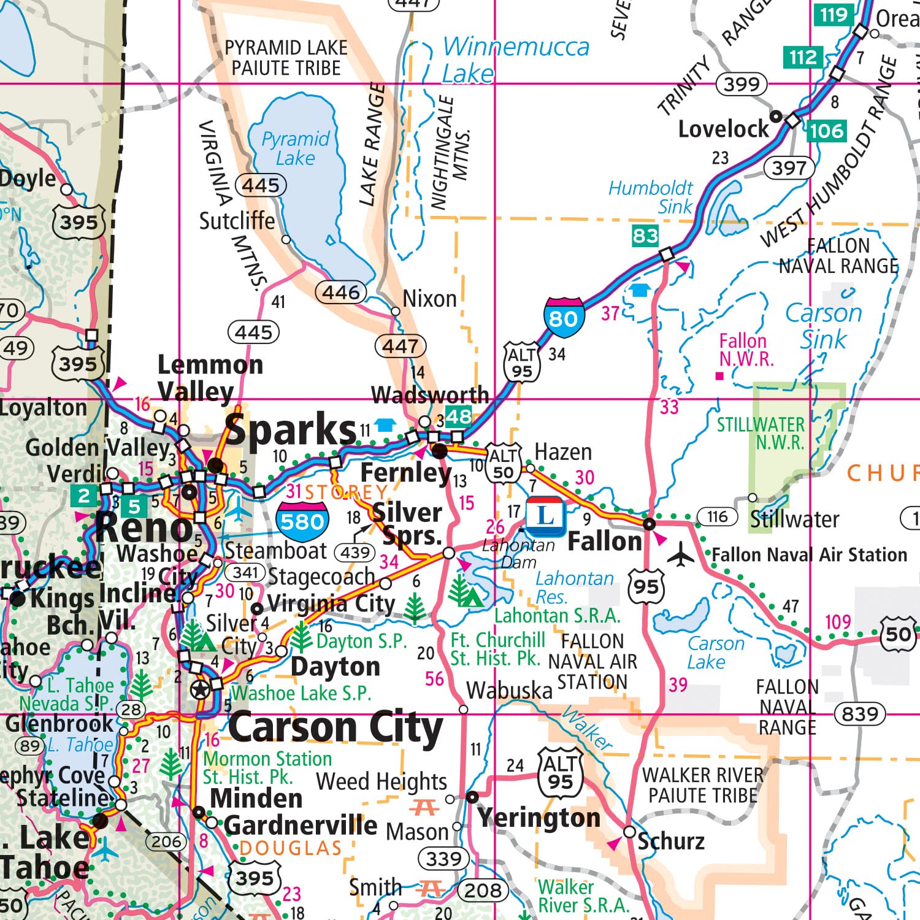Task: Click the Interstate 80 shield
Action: click(x=563, y=317)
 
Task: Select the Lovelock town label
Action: click(x=723, y=129)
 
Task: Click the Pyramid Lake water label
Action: click(x=296, y=148)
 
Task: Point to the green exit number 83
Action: click(x=645, y=236)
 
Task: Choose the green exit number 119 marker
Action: click(x=834, y=15)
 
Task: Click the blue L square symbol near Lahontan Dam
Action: click(x=545, y=515)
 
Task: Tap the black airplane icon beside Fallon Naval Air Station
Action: click(x=680, y=555)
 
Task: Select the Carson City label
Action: click(x=335, y=728)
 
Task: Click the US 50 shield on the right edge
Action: click(x=899, y=634)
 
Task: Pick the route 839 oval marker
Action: click(x=860, y=714)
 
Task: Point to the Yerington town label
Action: click(x=539, y=818)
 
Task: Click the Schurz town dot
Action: click(x=629, y=832)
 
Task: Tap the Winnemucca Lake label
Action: click(x=515, y=59)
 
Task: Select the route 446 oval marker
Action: click(x=341, y=292)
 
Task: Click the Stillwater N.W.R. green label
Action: click(x=761, y=433)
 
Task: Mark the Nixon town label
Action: click(x=429, y=299)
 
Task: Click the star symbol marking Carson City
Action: click(x=199, y=689)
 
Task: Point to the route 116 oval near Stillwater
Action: click(x=717, y=517)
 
